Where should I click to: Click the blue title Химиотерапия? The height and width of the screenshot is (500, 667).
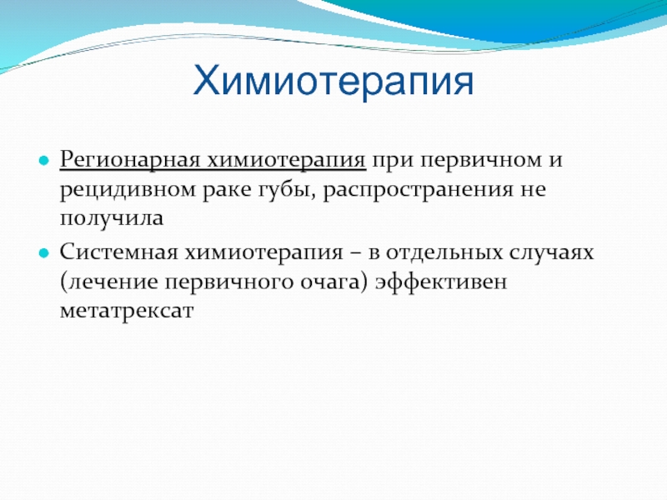(x=333, y=81)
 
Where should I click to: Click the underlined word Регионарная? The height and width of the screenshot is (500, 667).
(x=130, y=161)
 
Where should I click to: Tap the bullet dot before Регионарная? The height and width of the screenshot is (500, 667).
(x=44, y=161)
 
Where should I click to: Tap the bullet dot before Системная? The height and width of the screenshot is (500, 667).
(x=44, y=253)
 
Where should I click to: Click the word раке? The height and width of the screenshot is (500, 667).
(x=227, y=191)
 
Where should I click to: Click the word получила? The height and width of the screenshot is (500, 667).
(x=112, y=219)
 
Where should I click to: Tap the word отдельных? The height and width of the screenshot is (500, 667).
(x=444, y=253)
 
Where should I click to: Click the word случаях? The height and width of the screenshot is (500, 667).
(x=551, y=253)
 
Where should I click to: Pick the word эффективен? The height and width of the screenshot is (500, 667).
(x=441, y=282)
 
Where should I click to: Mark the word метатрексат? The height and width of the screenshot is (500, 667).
(x=127, y=311)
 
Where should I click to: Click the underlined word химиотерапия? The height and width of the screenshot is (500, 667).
(x=287, y=161)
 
